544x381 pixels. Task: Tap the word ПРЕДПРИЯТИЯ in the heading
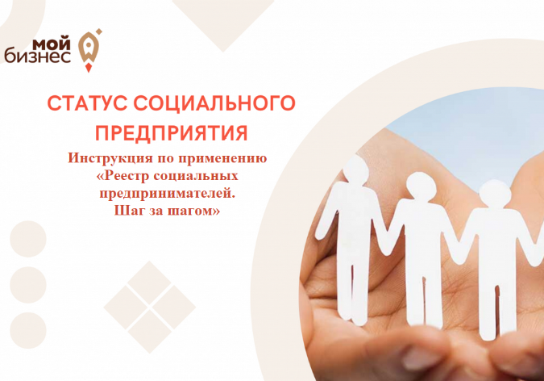pyautogui.click(x=172, y=133)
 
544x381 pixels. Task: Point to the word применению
pyautogui.click(x=222, y=159)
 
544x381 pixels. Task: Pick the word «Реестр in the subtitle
pyautogui.click(x=123, y=176)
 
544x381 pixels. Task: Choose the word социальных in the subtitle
pyautogui.click(x=196, y=176)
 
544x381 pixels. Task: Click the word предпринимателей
pyautogui.click(x=167, y=194)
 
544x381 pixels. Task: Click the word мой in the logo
pyautogui.click(x=52, y=44)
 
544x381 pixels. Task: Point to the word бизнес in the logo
pyautogui.click(x=38, y=57)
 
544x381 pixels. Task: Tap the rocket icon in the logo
pyautogui.click(x=89, y=48)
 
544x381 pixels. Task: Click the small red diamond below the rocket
pyautogui.click(x=89, y=68)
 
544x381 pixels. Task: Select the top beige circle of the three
pyautogui.click(x=28, y=239)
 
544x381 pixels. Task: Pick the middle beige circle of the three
pyautogui.click(x=28, y=285)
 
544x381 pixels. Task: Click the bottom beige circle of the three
pyautogui.click(x=28, y=331)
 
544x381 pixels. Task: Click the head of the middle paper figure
pyautogui.click(x=421, y=186)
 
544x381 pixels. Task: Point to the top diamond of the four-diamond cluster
pyautogui.click(x=150, y=282)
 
